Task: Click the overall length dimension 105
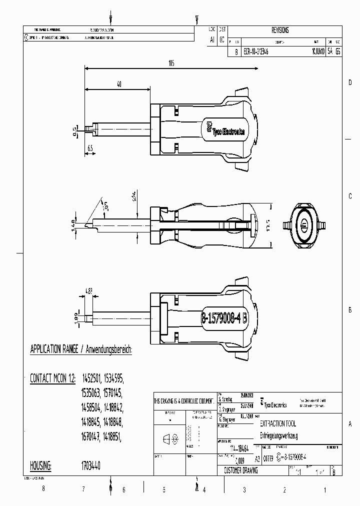tap(171, 63)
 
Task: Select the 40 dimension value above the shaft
tap(119, 85)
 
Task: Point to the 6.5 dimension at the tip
tap(90, 149)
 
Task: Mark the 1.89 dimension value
tap(76, 316)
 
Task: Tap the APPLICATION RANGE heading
tap(81, 349)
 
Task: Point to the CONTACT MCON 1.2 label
tap(52, 378)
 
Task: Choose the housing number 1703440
tap(90, 465)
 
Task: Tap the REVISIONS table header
tap(280, 30)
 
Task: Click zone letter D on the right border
tap(350, 82)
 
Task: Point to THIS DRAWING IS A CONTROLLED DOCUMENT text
tap(184, 401)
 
